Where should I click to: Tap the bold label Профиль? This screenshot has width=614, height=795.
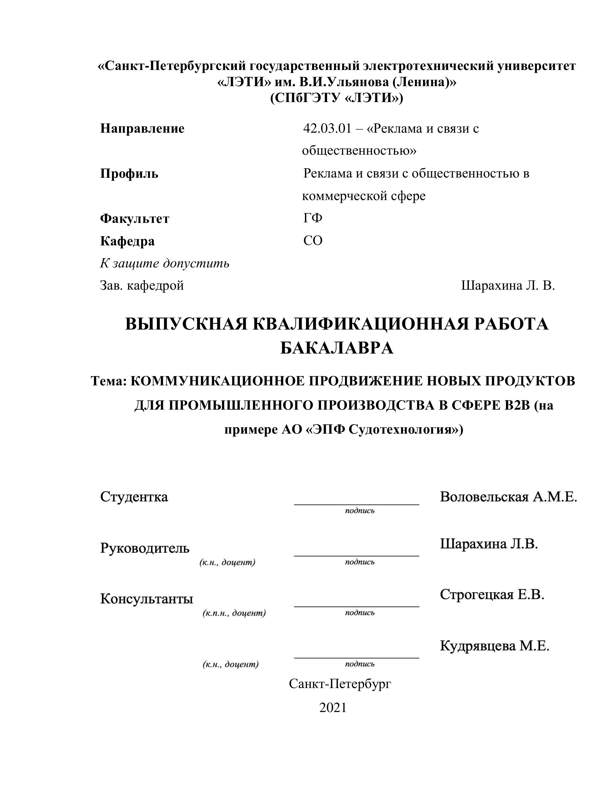pyautogui.click(x=129, y=174)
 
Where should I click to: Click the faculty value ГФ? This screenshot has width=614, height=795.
pyautogui.click(x=313, y=218)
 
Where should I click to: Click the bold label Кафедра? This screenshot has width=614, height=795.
pyautogui.click(x=127, y=241)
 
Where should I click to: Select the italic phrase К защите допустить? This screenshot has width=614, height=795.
pyautogui.click(x=165, y=263)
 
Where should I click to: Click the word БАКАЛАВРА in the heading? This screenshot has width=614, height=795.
pyautogui.click(x=337, y=348)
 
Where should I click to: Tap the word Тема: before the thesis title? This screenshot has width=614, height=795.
pyautogui.click(x=108, y=381)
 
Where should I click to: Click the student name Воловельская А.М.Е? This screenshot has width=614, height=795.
pyautogui.click(x=508, y=497)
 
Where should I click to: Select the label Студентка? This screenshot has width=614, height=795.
pyautogui.click(x=134, y=497)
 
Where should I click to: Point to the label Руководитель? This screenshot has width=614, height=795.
pyautogui.click(x=145, y=548)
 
